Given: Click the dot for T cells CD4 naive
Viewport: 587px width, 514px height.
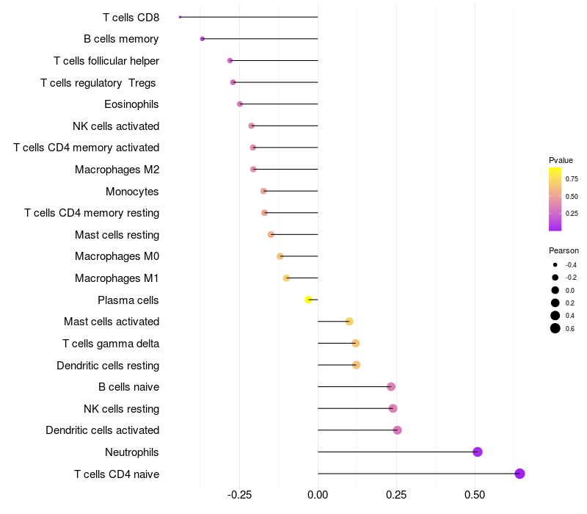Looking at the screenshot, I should click(x=520, y=474).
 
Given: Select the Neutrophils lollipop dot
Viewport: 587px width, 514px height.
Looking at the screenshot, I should click(x=478, y=452).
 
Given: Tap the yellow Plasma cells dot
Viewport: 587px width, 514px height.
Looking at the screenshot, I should click(x=309, y=300).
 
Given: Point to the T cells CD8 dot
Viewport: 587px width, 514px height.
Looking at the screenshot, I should click(x=180, y=17).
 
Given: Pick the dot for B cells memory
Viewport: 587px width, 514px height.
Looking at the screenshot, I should click(x=203, y=39).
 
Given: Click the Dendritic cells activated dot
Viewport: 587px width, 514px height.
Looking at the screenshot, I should click(x=398, y=430).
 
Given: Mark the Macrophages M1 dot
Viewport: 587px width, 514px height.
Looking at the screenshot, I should click(x=286, y=278).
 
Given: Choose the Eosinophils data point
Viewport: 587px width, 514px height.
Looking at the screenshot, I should click(x=240, y=104).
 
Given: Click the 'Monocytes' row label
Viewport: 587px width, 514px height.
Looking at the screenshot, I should click(x=132, y=192).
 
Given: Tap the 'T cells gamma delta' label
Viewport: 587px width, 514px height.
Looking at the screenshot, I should click(x=111, y=344).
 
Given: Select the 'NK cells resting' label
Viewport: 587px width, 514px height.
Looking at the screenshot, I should click(x=121, y=409).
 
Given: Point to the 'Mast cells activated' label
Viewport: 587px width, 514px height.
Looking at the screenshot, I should click(x=112, y=322).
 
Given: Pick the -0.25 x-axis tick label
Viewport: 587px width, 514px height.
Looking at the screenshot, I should click(x=239, y=496).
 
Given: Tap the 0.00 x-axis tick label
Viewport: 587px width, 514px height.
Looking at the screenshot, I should click(x=318, y=496).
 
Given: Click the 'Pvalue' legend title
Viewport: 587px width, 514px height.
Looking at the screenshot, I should click(x=561, y=160).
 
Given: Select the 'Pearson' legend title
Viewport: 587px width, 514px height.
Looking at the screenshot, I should click(x=564, y=250).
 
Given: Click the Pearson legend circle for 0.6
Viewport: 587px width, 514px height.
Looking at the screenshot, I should click(x=555, y=328).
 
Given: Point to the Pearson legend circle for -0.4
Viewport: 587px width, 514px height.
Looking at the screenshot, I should click(x=555, y=265).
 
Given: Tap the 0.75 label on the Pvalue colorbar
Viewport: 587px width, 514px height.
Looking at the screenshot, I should click(x=572, y=178).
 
